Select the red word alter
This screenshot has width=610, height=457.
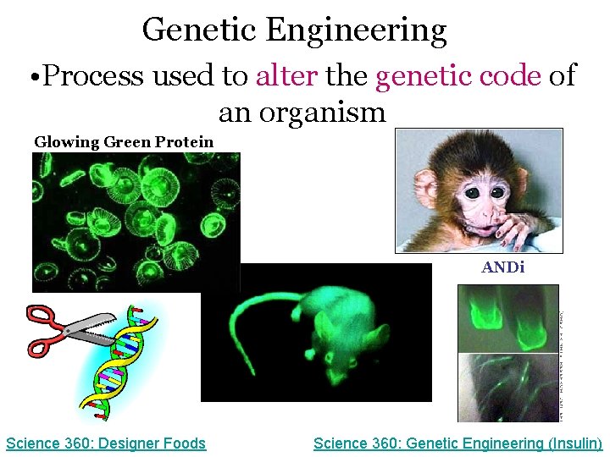coord(286,76)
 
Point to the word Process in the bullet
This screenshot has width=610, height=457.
coord(94,76)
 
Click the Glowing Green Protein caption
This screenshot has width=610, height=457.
coord(124,141)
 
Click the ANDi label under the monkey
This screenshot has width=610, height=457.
coord(503,267)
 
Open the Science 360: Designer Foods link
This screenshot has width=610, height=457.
coord(106,443)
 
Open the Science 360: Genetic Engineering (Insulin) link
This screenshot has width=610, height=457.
coord(457,443)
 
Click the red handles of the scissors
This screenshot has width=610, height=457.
coord(44,332)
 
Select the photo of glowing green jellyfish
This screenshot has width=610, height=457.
coord(136,222)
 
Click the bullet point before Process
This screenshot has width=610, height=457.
coord(31,77)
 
